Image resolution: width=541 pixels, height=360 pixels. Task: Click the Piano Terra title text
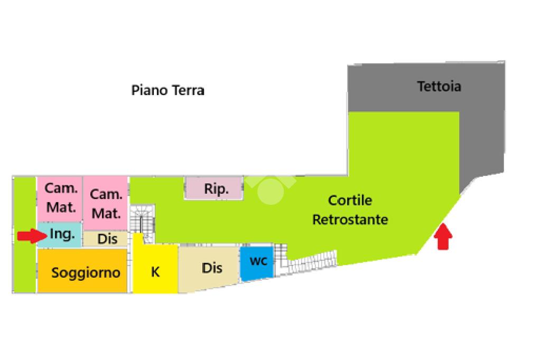pyautogui.click(x=167, y=90)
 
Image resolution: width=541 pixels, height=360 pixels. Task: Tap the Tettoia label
pyautogui.click(x=439, y=86)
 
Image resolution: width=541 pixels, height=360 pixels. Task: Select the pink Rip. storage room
pyautogui.click(x=215, y=188)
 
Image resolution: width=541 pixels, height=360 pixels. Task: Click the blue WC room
pyautogui.click(x=257, y=262)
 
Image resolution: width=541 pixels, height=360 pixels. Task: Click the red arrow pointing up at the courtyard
pyautogui.click(x=443, y=237)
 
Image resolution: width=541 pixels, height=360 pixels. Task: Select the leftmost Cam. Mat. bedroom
pyautogui.click(x=60, y=198)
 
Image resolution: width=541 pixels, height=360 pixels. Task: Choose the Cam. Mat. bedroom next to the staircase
pyautogui.click(x=106, y=203)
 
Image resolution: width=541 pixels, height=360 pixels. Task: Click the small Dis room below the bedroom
pyautogui.click(x=107, y=239)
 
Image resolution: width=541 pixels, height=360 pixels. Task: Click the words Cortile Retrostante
pyautogui.click(x=350, y=210)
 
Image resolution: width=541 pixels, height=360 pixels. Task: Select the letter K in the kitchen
pyautogui.click(x=155, y=272)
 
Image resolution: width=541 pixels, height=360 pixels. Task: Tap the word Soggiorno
pyautogui.click(x=86, y=273)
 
